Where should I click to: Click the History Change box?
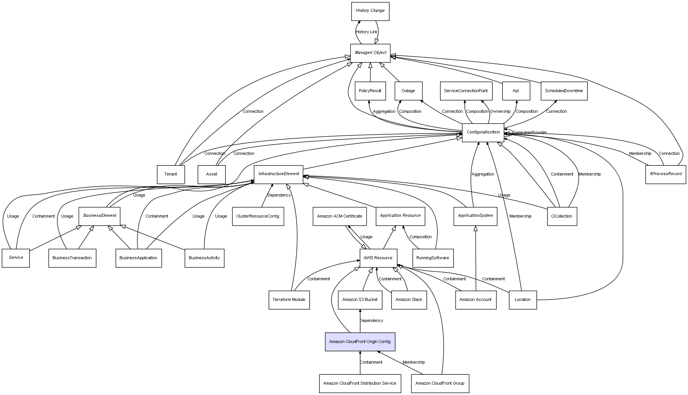pos(370,11)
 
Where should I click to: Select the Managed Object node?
pos(370,53)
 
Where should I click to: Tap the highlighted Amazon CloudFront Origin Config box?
pos(360,341)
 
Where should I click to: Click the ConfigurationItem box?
pos(483,132)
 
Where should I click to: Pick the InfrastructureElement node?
pos(279,174)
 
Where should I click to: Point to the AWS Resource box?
pos(378,258)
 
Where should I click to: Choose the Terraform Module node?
pos(289,300)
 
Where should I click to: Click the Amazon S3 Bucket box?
pos(360,300)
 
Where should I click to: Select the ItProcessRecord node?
pos(665,174)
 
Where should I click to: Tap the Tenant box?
pos(171,174)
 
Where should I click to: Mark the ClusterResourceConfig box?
pos(258,216)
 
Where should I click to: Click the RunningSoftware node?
pos(432,258)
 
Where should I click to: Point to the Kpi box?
pos(516,91)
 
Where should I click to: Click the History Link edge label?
pos(367,32)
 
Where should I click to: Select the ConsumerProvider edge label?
pos(530,132)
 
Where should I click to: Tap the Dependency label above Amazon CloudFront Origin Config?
pos(371,320)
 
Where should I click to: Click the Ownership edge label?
pos(500,111)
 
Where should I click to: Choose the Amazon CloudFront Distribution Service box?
pos(360,383)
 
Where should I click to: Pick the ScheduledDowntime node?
pos(564,91)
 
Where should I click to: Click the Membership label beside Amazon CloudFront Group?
pos(413,362)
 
